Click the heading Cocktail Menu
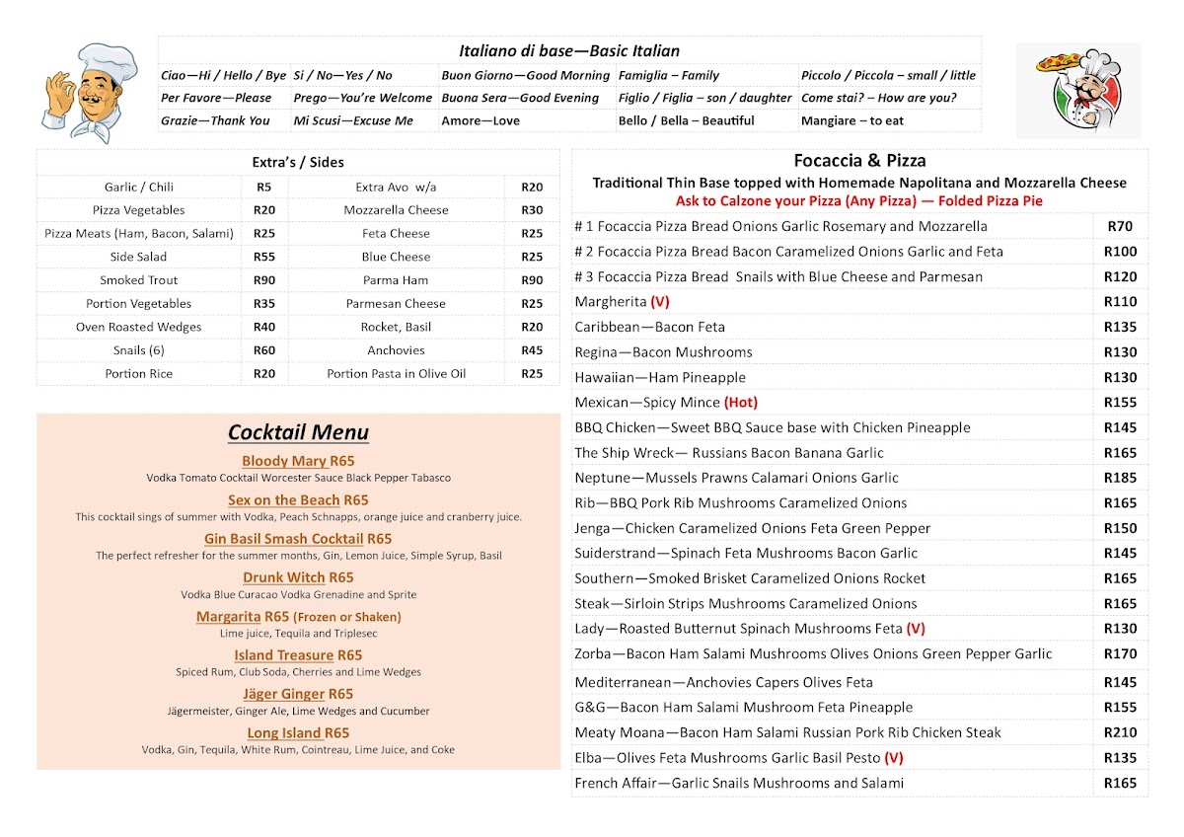coord(298,432)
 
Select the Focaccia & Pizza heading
coord(859,161)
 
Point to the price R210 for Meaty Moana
coord(1120,732)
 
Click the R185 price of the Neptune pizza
coord(1120,478)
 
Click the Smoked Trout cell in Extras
coord(139,280)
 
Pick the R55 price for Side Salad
coord(264,257)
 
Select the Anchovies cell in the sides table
coord(396,350)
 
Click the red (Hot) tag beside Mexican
coord(741,403)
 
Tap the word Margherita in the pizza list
coord(611,302)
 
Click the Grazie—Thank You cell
coord(215,120)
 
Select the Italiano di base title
coord(569,51)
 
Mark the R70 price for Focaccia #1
coord(1120,226)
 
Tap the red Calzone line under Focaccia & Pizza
coord(858,200)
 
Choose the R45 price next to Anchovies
coord(532,350)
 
